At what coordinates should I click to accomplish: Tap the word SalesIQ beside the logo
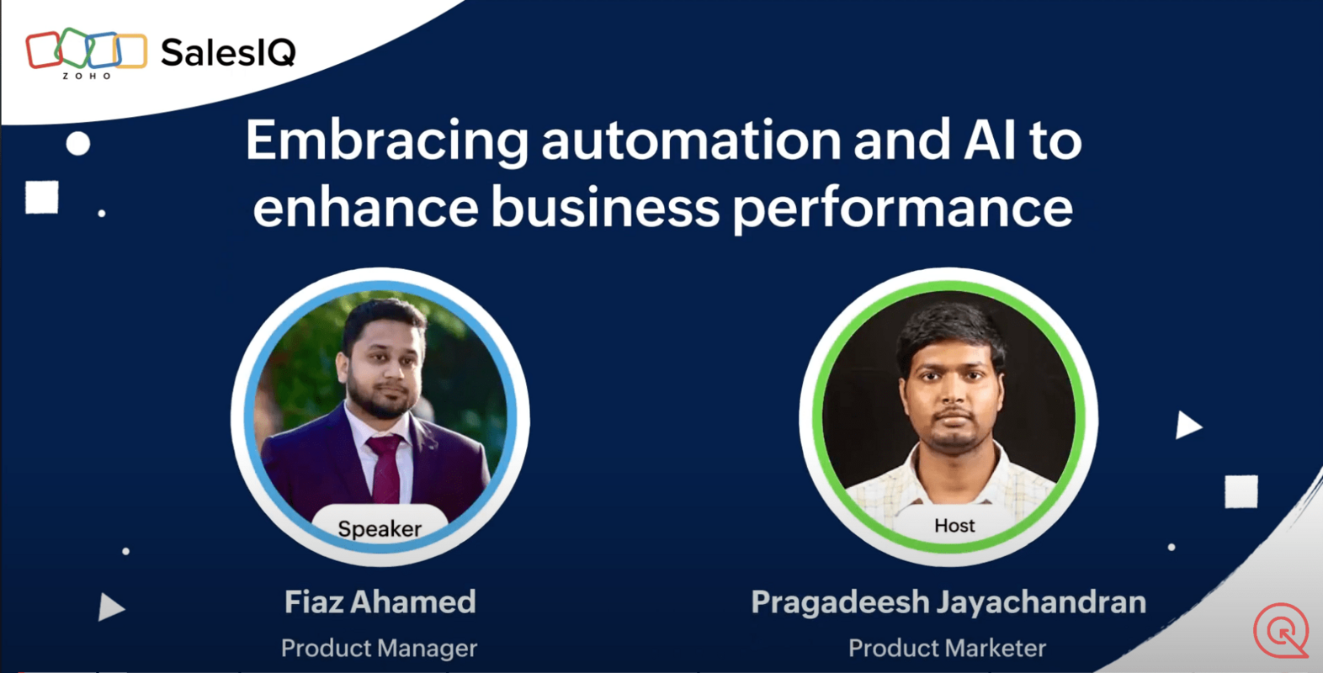tap(228, 53)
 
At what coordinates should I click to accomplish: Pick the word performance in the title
tap(903, 209)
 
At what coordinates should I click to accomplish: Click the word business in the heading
tap(605, 207)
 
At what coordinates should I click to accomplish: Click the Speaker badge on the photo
tap(380, 528)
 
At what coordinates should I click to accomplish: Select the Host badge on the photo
tap(954, 526)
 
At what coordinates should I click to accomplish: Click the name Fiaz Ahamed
tap(380, 602)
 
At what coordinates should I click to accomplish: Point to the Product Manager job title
tap(379, 648)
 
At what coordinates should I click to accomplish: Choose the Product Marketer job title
tap(947, 648)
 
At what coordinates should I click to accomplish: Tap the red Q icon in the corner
tap(1281, 630)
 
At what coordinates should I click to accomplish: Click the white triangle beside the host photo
tap(1187, 425)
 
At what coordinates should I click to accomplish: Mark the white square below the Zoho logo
tap(42, 198)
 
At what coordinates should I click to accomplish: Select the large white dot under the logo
tap(78, 144)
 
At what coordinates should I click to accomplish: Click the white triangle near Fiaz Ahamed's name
tap(109, 607)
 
